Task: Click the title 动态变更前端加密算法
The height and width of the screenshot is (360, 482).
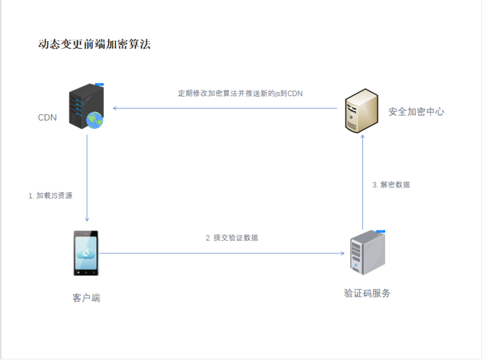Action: (94, 45)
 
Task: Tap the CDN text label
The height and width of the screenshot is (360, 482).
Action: (47, 117)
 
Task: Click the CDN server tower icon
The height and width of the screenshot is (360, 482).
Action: (84, 106)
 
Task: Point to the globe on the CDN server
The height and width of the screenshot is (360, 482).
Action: (94, 120)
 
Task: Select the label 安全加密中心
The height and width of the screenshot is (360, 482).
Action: (416, 111)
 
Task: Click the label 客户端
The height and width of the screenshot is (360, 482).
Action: (86, 298)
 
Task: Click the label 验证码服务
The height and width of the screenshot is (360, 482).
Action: (367, 293)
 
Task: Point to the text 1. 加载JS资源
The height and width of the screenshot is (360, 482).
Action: (50, 196)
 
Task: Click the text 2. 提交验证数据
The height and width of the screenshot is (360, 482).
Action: (232, 237)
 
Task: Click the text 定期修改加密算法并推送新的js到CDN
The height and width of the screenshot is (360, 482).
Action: (240, 93)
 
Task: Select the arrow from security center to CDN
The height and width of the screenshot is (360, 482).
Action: (223, 108)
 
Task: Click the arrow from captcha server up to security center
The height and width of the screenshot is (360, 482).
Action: (362, 181)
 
